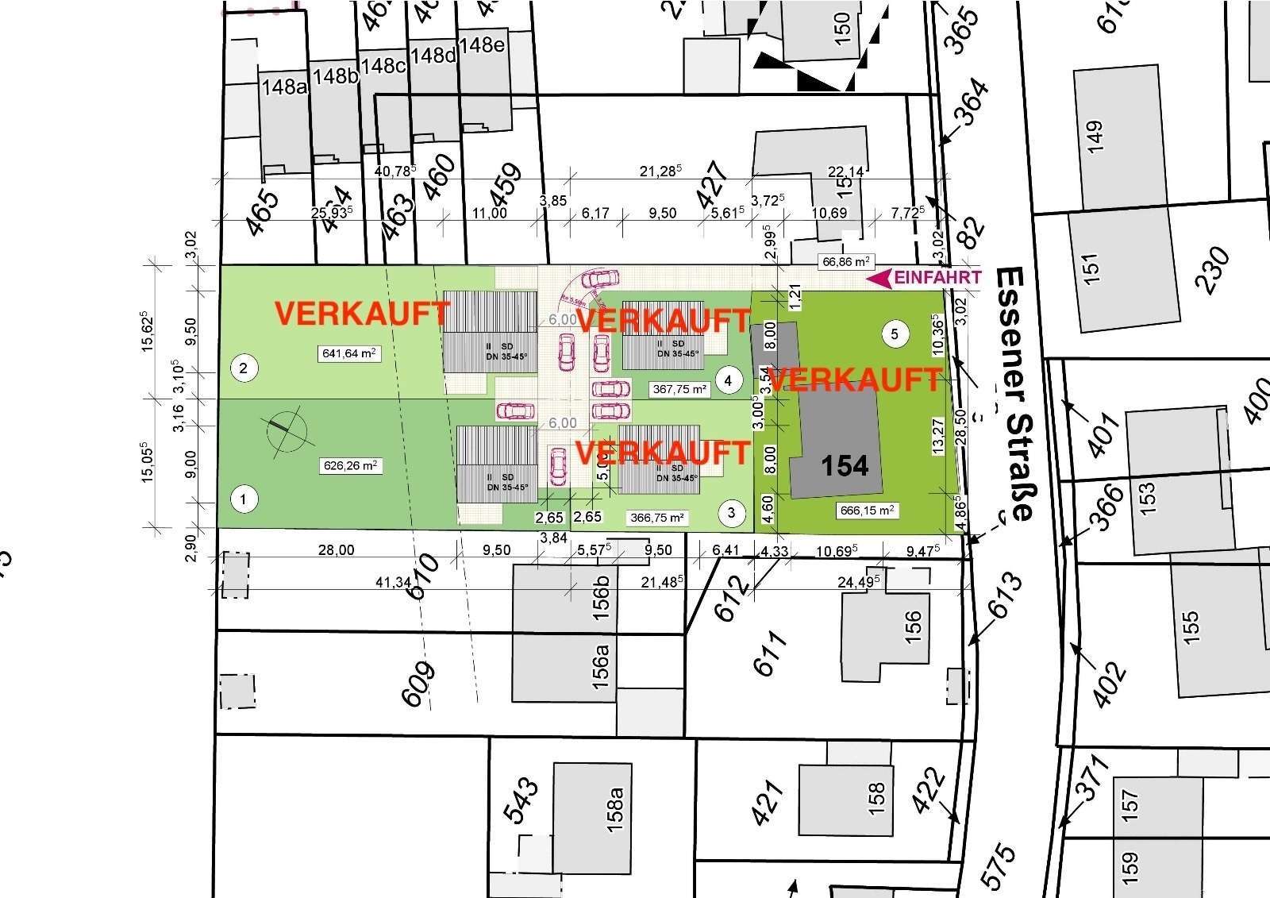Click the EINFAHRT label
pos(937,278)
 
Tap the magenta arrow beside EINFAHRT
pos(879,278)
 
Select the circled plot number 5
pos(895,333)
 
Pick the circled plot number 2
pos(244,368)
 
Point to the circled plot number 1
pos(244,499)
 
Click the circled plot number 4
pos(729,380)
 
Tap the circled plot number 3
pos(731,513)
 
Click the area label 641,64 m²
pos(348,353)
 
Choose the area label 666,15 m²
pos(867,511)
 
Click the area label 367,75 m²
pos(679,389)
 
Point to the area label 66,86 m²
pos(846,260)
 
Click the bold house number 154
pos(845,465)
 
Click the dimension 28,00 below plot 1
pos(336,550)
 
